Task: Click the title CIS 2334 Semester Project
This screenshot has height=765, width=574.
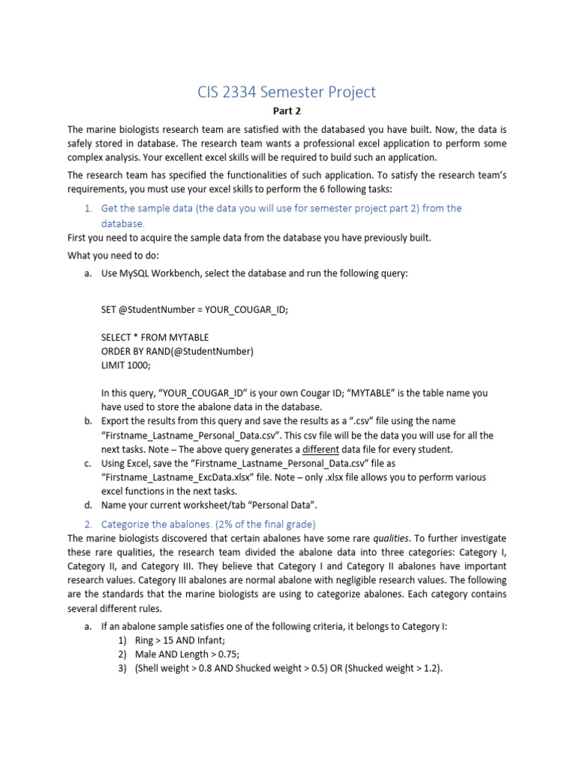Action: [286, 92]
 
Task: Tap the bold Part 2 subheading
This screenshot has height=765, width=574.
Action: [286, 111]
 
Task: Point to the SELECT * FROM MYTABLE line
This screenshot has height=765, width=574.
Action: [155, 337]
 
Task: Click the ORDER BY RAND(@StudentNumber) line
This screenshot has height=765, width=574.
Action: [177, 351]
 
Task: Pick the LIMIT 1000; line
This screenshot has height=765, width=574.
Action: [126, 365]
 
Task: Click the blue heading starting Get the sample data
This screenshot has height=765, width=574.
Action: [281, 208]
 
